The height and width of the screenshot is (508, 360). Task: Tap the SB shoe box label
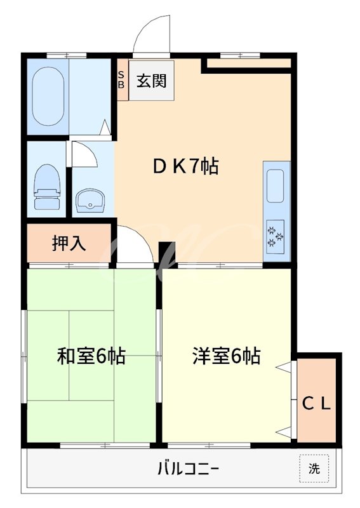click(x=122, y=79)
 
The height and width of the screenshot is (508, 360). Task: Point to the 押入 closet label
click(x=69, y=243)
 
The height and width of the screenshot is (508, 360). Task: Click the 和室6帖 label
click(x=91, y=356)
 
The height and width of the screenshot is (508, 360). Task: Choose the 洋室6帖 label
click(x=227, y=356)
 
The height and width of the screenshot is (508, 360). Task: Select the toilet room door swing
click(x=84, y=154)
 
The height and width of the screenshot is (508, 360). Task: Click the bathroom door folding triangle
click(x=107, y=127)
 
